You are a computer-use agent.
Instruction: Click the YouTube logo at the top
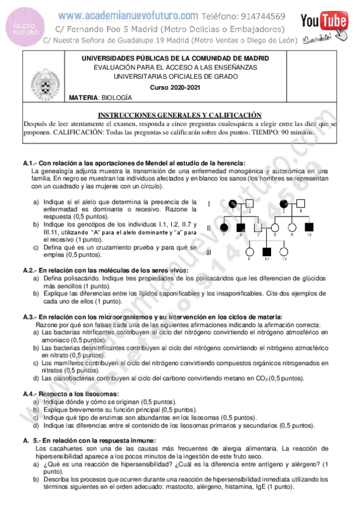325,22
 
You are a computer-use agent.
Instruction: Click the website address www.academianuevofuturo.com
129,16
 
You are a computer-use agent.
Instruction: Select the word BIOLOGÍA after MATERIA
116,97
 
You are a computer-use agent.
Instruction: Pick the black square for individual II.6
241,227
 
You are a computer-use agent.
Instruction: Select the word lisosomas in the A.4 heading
84,394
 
